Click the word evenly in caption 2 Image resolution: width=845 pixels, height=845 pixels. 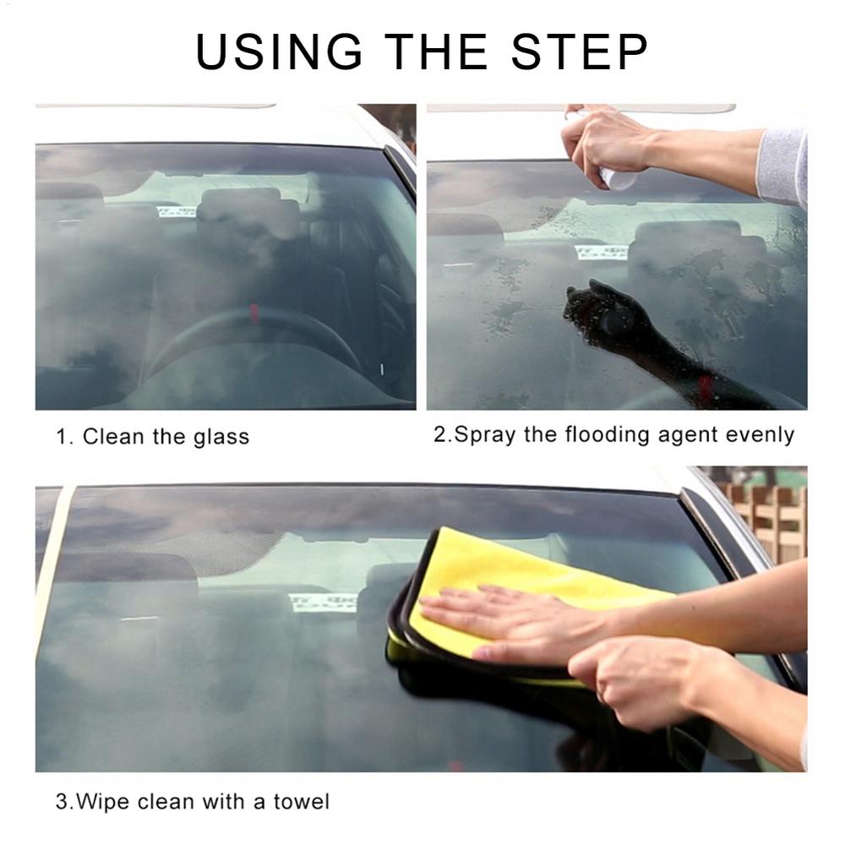click(760, 435)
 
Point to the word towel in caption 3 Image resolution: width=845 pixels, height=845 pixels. click(301, 801)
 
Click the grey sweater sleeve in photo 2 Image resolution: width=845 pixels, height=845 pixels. click(782, 166)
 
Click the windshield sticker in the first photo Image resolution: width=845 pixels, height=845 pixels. click(177, 211)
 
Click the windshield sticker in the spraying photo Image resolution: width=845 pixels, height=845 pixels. click(601, 252)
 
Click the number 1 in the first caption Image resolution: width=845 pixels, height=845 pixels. click(61, 438)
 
